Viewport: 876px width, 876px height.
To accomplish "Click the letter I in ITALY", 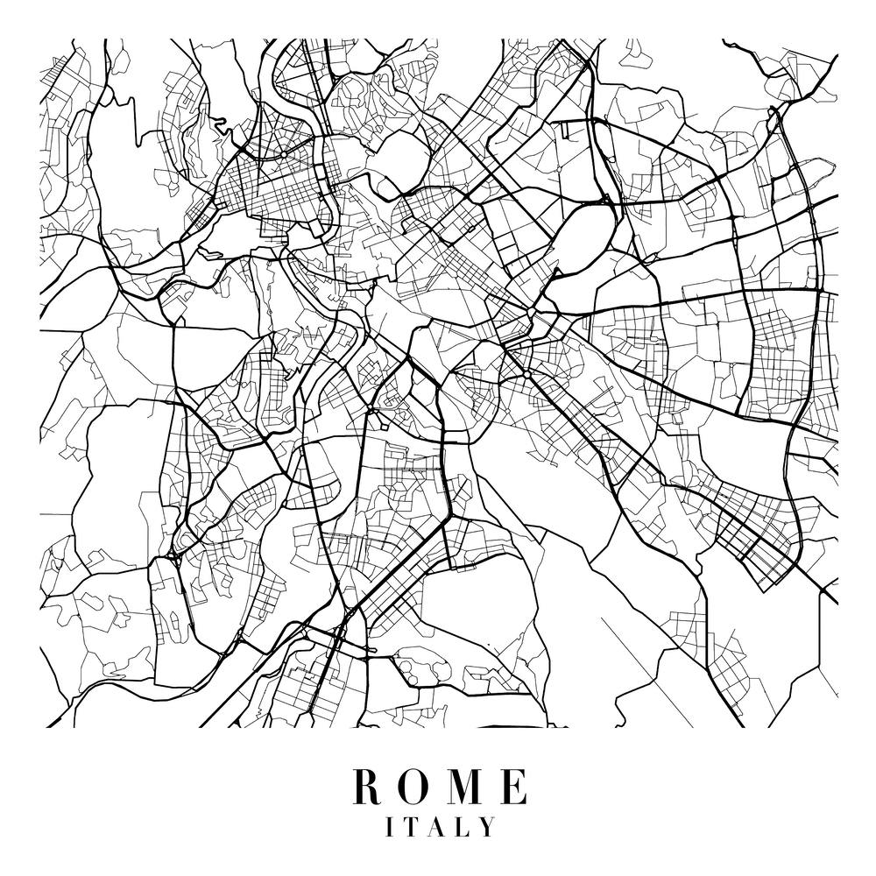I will (391, 827).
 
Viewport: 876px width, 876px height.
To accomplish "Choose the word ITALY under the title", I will (440, 827).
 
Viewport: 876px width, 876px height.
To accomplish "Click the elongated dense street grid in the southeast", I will (753, 534).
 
